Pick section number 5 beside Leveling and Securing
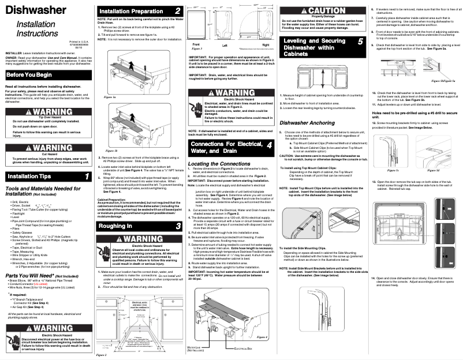pos(360,42)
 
